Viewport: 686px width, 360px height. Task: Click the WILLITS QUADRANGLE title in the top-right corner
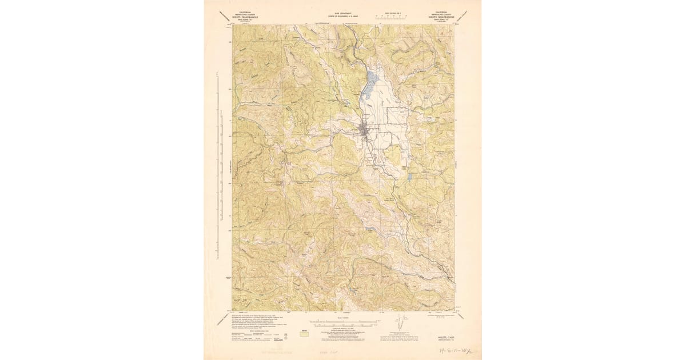(439, 17)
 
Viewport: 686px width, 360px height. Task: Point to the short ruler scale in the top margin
(392, 18)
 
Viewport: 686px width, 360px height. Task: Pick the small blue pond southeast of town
(409, 177)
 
